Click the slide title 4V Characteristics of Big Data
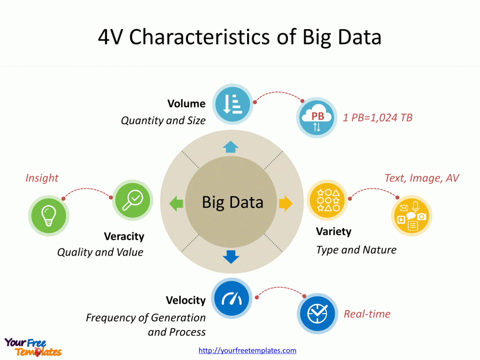(240, 37)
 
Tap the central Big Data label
(232, 202)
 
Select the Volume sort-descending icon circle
(232, 103)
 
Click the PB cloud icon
(317, 118)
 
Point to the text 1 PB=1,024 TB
(377, 118)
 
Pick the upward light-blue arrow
(231, 147)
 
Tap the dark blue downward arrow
(231, 257)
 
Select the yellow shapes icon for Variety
(328, 200)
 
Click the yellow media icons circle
(411, 216)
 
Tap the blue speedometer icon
(232, 298)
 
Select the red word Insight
(42, 178)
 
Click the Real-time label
(367, 314)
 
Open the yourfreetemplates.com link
(247, 351)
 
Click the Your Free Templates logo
(33, 347)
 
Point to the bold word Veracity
(124, 236)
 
